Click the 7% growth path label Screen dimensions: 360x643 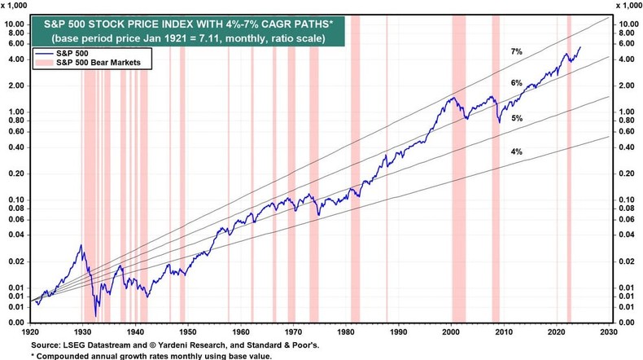click(515, 51)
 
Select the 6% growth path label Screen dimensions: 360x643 click(515, 83)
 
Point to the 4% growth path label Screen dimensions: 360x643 click(515, 152)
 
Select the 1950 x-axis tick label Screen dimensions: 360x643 click(187, 334)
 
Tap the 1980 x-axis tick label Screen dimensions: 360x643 click(345, 334)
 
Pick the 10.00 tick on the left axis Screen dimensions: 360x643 click(17, 24)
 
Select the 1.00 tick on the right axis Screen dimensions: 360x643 click(626, 112)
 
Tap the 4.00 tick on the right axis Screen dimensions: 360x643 click(626, 59)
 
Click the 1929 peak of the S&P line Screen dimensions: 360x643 click(80, 245)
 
